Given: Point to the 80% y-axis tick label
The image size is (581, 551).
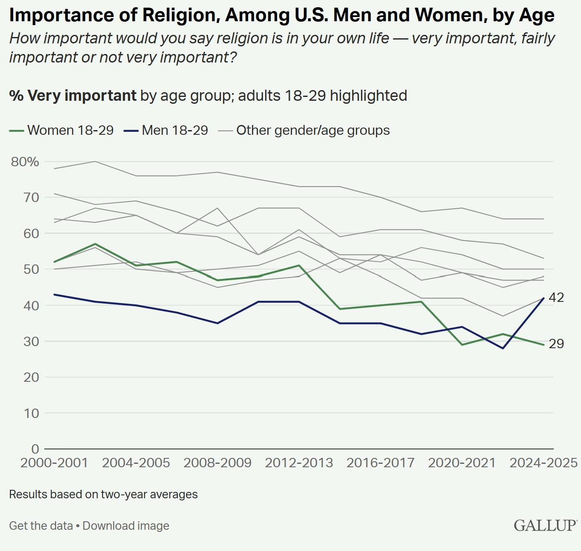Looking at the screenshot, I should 25,162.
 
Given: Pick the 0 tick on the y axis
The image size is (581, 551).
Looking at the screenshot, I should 35,449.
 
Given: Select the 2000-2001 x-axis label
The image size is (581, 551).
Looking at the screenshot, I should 54,463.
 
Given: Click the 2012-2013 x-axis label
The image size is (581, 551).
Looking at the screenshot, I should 299,463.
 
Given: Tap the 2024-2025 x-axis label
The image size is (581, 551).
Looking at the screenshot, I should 544,463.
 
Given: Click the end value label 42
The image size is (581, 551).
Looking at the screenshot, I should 556,298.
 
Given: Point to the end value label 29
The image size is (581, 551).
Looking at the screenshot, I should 556,344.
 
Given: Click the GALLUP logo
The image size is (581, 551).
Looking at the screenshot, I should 545,525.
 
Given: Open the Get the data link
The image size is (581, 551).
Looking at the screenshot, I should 41,526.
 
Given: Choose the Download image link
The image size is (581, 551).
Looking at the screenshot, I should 126,526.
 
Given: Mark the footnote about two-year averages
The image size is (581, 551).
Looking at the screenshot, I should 103,494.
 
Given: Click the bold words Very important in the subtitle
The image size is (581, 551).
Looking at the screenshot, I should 82,96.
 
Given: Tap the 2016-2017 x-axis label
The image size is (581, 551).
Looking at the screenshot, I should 381,463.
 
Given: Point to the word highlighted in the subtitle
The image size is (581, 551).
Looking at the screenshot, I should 368,96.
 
